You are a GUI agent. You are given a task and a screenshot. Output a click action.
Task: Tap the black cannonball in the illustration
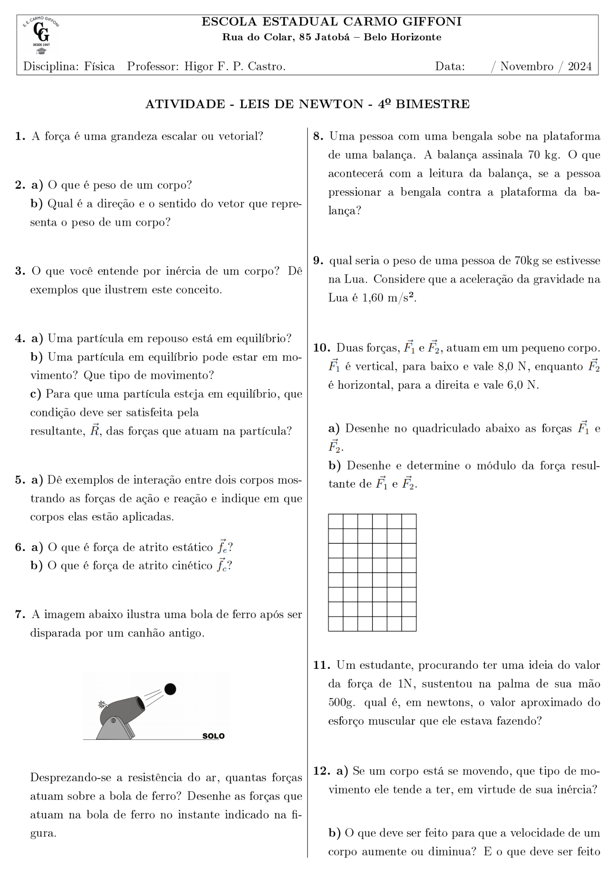[170, 689]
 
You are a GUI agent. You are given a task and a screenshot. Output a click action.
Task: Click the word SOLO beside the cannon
[213, 736]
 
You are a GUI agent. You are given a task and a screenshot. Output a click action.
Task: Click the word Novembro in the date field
[527, 67]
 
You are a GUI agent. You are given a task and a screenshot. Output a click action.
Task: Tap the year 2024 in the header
[580, 67]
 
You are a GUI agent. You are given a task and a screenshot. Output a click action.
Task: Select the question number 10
[321, 348]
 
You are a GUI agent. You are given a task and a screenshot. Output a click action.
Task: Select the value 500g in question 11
[341, 702]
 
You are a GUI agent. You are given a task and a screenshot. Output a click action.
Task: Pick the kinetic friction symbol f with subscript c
[221, 565]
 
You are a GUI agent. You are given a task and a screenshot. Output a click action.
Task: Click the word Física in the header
[99, 67]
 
